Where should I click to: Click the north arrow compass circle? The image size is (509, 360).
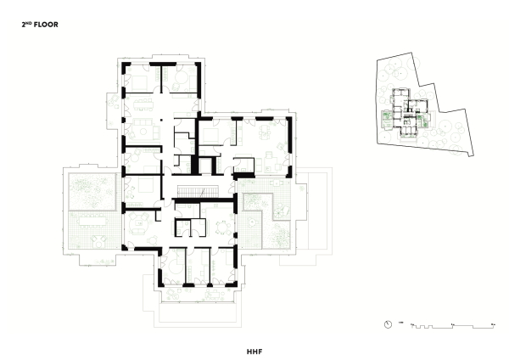(388, 324)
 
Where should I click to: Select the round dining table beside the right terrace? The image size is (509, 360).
(221, 226)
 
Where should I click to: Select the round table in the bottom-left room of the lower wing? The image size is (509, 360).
(168, 266)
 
